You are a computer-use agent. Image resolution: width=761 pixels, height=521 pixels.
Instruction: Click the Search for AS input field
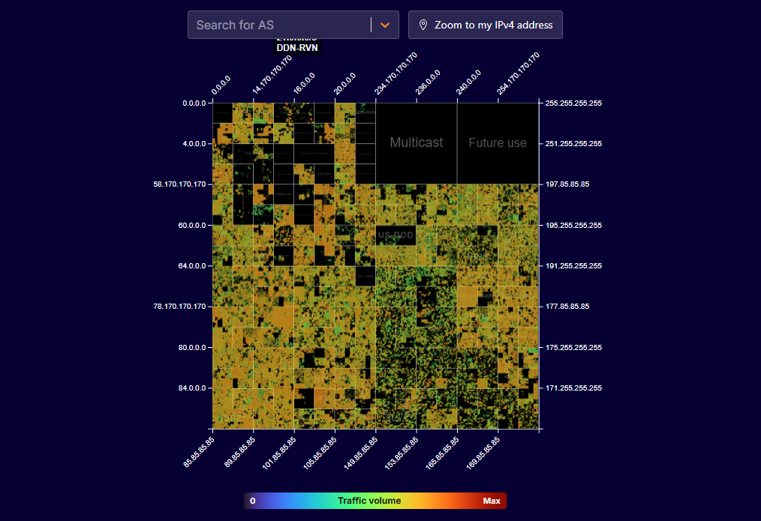(x=278, y=25)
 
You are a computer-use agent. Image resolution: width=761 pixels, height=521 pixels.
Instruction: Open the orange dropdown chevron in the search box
(x=385, y=25)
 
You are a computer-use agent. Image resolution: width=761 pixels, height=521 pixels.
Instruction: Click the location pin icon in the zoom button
(x=423, y=25)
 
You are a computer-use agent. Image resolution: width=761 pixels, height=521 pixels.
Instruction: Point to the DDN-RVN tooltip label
(x=297, y=47)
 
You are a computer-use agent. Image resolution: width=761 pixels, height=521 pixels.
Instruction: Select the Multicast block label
(x=416, y=142)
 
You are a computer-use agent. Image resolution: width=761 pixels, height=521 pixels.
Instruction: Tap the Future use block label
(x=498, y=142)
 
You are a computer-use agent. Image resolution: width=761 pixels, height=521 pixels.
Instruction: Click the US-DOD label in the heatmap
(x=396, y=235)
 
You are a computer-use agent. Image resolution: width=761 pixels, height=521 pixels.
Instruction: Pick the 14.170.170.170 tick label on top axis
(x=272, y=74)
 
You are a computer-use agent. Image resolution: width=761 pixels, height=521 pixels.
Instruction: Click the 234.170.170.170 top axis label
(x=396, y=73)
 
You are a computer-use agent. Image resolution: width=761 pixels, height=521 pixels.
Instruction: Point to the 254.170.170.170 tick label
(x=519, y=73)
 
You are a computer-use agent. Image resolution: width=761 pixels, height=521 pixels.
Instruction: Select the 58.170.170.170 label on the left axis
(x=179, y=184)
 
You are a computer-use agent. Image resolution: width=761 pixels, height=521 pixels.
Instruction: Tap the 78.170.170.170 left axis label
(x=179, y=307)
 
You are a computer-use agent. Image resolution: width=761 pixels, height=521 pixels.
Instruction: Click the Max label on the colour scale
(x=492, y=501)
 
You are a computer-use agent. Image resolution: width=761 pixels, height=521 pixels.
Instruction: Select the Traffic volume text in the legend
(x=369, y=501)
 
